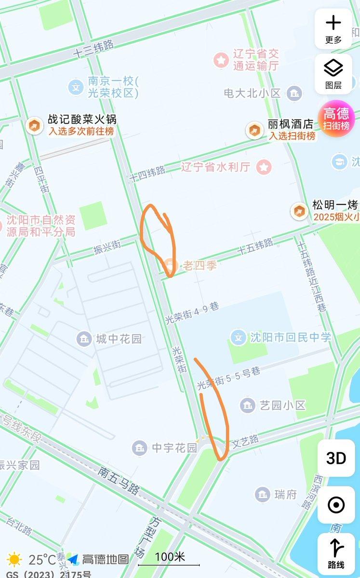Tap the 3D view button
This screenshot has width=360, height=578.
tap(336, 458)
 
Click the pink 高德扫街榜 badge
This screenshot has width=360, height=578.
tap(336, 118)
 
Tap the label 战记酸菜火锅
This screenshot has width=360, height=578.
tap(82, 119)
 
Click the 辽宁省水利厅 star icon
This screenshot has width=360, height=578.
tap(264, 168)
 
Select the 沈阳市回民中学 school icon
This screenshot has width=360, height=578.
tap(238, 337)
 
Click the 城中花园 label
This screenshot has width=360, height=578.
tap(119, 339)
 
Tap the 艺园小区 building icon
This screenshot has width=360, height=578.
tap(248, 405)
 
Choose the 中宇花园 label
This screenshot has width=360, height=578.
tap(174, 448)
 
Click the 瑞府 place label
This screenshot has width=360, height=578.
tap(285, 494)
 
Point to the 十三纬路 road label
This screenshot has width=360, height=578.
tap(94, 49)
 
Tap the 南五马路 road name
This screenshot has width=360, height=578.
tap(119, 479)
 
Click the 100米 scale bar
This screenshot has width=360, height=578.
tap(169, 560)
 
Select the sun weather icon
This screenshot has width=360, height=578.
tap(14, 560)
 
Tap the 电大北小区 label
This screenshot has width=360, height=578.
tap(252, 92)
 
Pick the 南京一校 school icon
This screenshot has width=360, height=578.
tap(76, 87)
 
